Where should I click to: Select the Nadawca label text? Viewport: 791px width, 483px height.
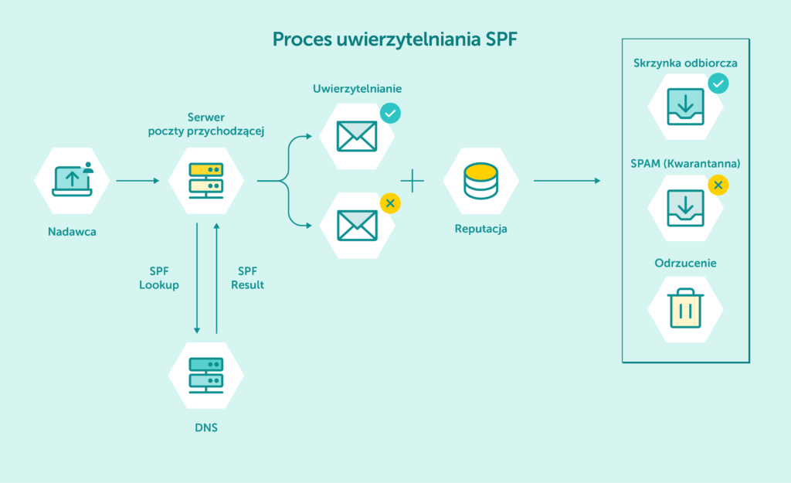72,231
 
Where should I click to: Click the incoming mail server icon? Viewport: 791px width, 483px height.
206,181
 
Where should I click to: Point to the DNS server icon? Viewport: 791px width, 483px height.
206,376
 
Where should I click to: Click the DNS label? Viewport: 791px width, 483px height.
206,427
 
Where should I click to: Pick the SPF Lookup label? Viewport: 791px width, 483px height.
159,278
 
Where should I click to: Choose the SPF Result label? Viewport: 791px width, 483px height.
247,278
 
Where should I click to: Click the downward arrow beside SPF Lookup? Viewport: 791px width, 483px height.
197,278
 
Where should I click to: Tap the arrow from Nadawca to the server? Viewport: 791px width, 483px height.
137,181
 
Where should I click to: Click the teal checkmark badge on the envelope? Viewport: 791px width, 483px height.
390,114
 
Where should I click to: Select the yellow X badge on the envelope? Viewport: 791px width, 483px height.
390,203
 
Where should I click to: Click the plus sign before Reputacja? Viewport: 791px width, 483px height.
412,182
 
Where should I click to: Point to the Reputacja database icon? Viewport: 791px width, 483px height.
480,180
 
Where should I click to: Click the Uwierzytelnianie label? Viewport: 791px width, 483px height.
357,88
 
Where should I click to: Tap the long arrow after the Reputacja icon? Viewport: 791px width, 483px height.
567,181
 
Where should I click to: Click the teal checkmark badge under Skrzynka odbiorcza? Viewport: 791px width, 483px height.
718,83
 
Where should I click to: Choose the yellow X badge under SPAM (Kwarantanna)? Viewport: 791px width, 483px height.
718,185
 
